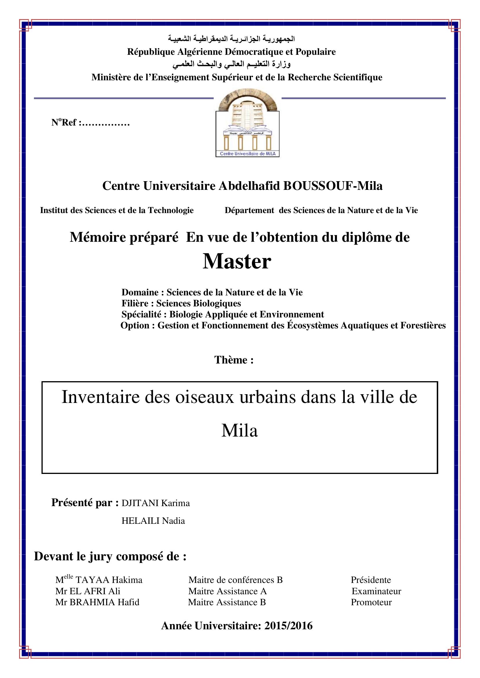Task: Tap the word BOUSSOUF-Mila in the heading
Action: click(333, 186)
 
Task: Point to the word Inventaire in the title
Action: click(100, 397)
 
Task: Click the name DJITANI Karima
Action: click(156, 503)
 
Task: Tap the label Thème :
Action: click(234, 360)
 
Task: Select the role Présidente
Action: click(371, 580)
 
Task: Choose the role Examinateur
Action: click(376, 591)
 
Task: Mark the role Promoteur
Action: click(371, 602)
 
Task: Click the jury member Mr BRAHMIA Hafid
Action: click(97, 602)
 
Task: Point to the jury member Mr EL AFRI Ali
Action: click(88, 591)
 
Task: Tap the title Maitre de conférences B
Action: click(236, 580)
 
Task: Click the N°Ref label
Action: click(64, 122)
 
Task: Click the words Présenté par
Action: click(85, 503)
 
